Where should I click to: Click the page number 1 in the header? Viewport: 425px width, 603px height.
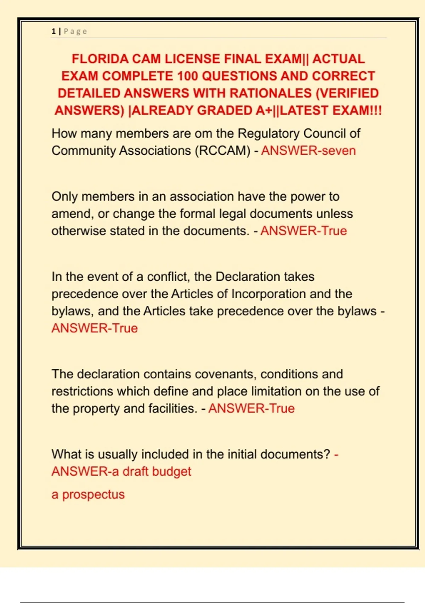53,31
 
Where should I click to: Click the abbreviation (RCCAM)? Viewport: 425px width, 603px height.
222,151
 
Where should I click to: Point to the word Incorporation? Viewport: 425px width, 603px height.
268,294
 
